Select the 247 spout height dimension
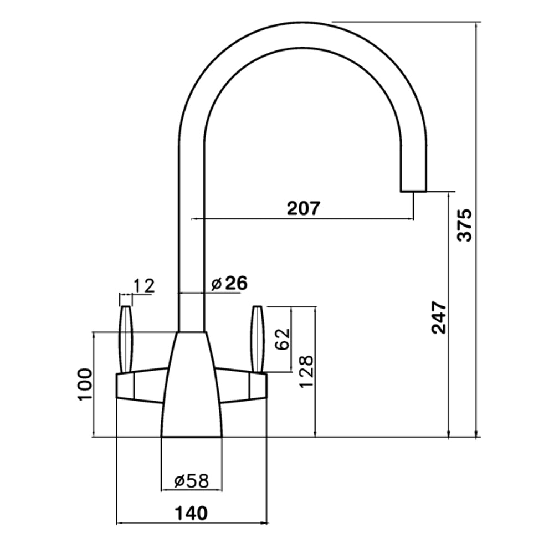439,317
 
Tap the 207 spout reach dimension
303,208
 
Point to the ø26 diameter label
229,283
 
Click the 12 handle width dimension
142,285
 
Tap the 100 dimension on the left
84,384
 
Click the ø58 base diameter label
191,481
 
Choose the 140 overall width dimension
191,513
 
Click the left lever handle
126,338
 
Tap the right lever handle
258,338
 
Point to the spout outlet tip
413,188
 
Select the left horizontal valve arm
141,386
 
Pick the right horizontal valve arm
241,386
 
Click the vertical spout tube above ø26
192,222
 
